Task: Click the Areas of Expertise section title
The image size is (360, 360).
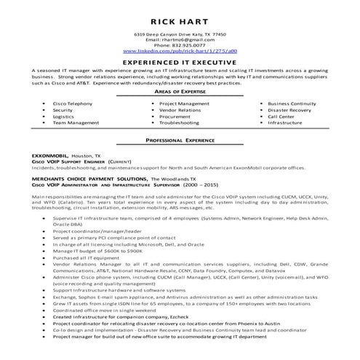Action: [x=180, y=94]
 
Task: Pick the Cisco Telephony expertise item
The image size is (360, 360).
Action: [x=70, y=104]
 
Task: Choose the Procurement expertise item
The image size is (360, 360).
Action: [x=175, y=116]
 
